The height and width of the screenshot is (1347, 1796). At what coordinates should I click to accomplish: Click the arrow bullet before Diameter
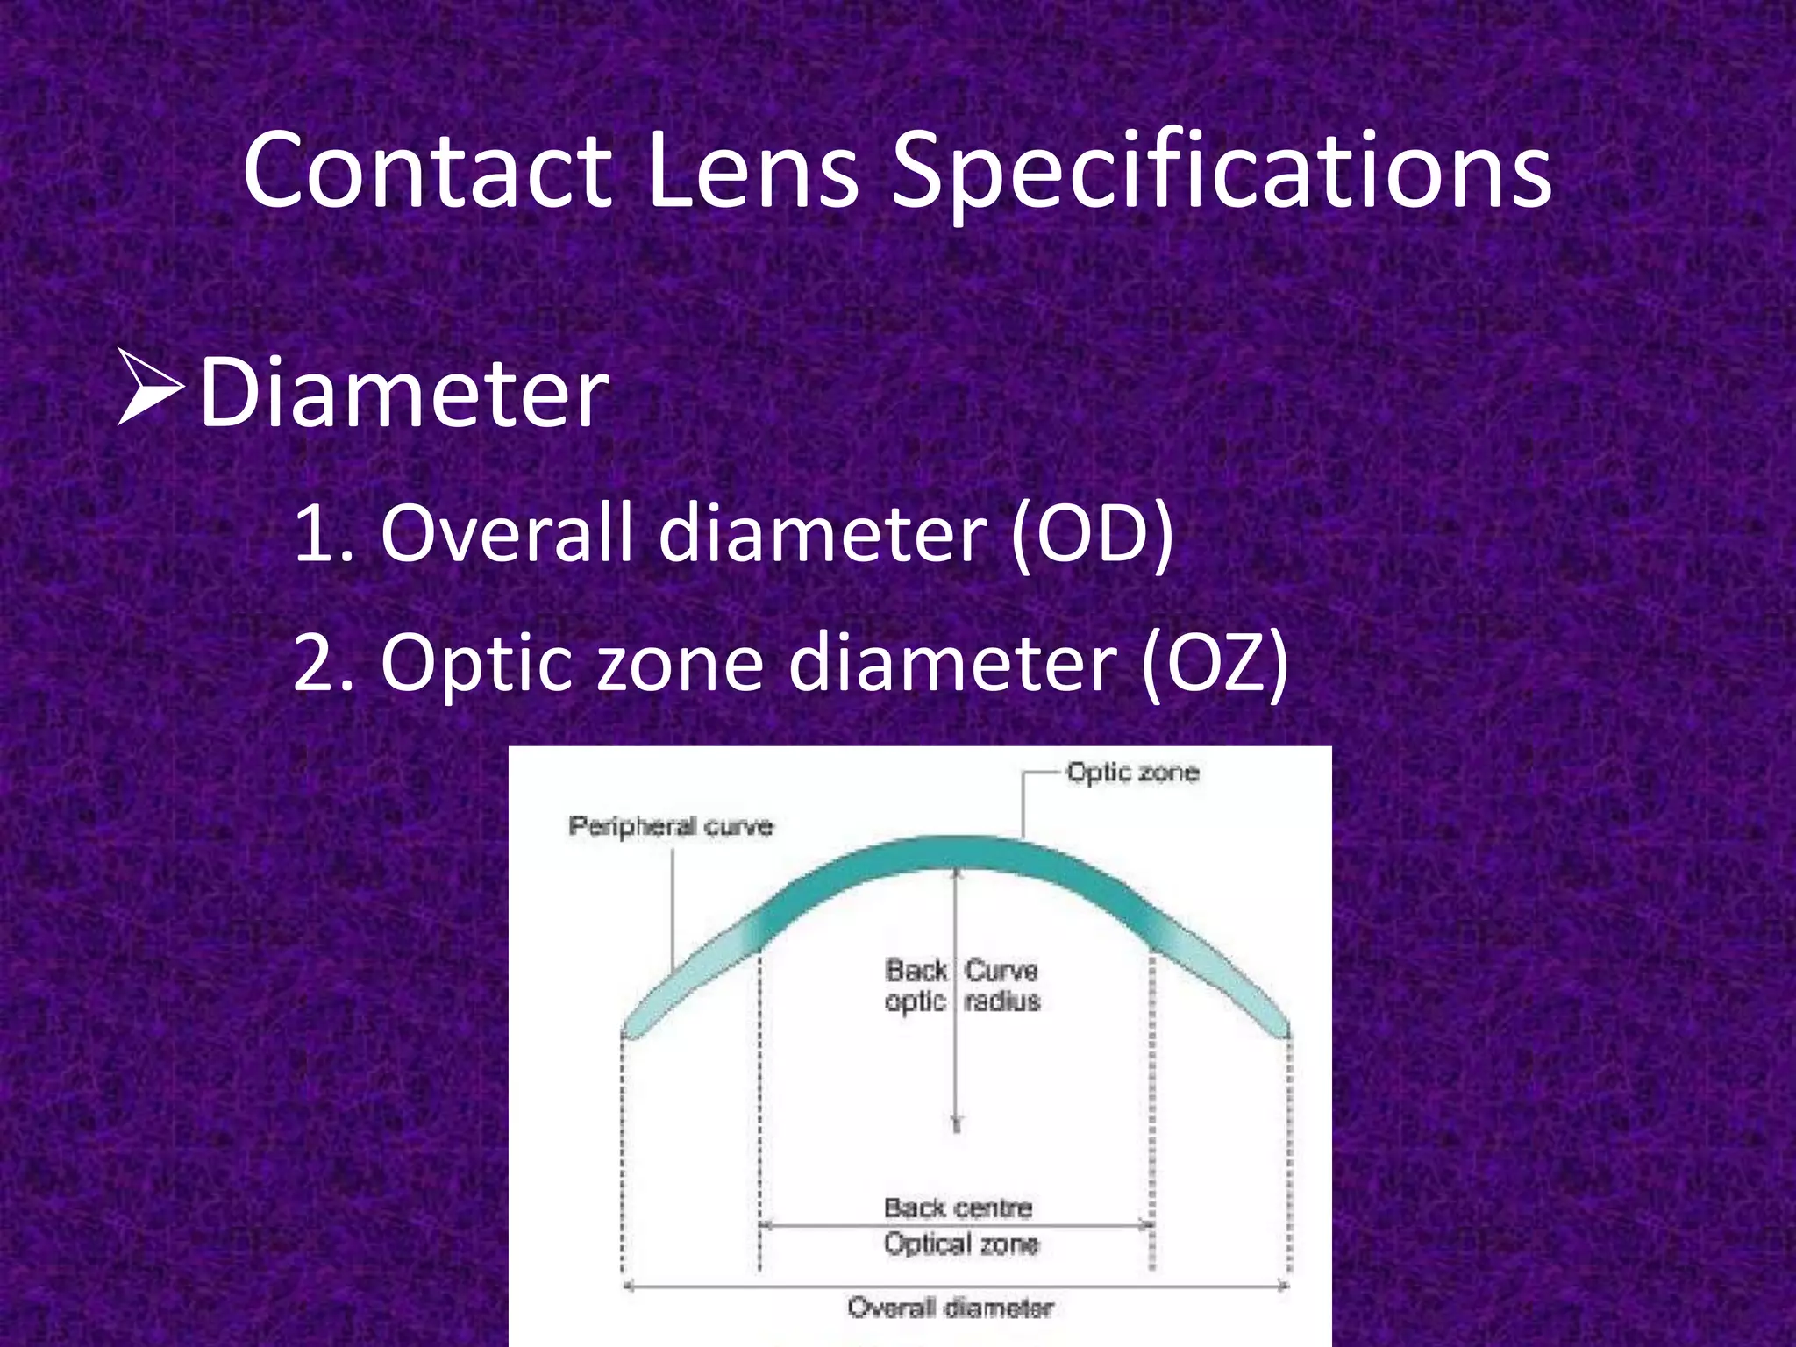[149, 387]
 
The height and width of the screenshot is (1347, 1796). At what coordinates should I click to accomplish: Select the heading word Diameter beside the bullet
[404, 391]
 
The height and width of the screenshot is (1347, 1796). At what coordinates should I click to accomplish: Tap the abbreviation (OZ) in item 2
[1215, 663]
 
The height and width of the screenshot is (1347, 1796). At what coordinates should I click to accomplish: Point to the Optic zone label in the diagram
[1132, 773]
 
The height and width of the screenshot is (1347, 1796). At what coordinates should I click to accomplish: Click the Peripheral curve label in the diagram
[671, 826]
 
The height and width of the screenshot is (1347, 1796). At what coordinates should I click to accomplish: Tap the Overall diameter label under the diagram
[951, 1308]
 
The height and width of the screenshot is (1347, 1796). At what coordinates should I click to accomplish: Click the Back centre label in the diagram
[958, 1208]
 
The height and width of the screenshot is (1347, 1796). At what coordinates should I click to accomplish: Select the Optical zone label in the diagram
[961, 1244]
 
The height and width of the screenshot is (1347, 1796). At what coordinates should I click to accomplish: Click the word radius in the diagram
[1002, 1001]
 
